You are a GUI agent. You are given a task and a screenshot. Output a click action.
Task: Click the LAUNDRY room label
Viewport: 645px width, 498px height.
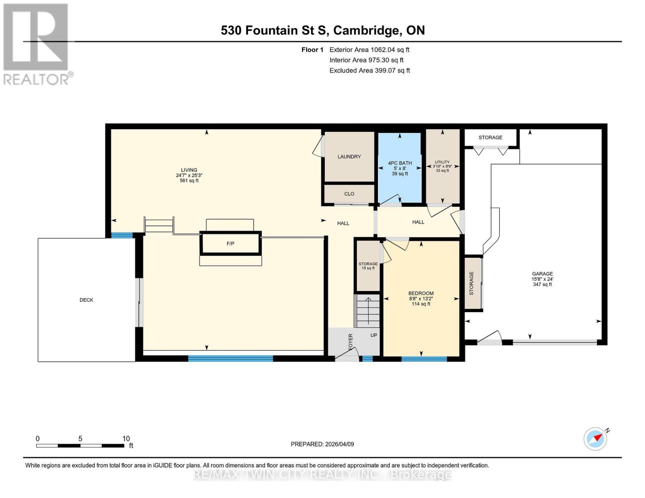(349, 156)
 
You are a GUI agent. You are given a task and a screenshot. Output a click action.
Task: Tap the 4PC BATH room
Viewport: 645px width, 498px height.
(400, 168)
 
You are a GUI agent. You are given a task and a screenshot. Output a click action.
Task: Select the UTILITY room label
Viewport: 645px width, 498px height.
(442, 162)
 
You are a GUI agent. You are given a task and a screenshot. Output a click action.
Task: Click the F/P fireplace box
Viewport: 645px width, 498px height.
(231, 244)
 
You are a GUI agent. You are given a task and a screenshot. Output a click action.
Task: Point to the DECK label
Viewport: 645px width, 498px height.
(86, 300)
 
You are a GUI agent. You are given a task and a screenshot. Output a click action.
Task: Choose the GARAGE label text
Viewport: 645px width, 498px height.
(542, 274)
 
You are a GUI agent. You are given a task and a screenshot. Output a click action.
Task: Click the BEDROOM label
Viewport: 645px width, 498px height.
(421, 293)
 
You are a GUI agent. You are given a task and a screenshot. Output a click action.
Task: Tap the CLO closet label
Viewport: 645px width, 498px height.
(349, 194)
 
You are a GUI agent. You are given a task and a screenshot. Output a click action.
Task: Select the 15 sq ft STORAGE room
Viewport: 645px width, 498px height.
(368, 266)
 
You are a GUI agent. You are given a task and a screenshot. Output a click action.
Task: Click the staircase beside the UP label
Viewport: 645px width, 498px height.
(368, 311)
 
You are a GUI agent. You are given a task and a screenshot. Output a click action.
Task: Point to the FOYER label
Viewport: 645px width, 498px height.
(351, 342)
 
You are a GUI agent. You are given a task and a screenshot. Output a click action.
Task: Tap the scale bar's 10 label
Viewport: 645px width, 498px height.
(126, 439)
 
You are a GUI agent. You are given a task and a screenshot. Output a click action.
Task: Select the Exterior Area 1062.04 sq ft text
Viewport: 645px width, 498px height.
(369, 50)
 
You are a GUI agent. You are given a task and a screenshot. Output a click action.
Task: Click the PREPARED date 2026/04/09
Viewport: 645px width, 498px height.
(322, 444)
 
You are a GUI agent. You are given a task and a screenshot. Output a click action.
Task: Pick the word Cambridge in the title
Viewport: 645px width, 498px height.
(366, 30)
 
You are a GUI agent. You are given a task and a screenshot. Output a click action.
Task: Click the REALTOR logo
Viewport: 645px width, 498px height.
(37, 44)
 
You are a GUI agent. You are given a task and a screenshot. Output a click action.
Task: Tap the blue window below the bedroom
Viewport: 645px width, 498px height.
(424, 359)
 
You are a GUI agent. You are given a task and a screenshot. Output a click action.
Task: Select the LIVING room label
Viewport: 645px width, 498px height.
(189, 170)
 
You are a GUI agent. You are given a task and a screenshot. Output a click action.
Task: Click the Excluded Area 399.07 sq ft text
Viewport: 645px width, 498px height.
(370, 71)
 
